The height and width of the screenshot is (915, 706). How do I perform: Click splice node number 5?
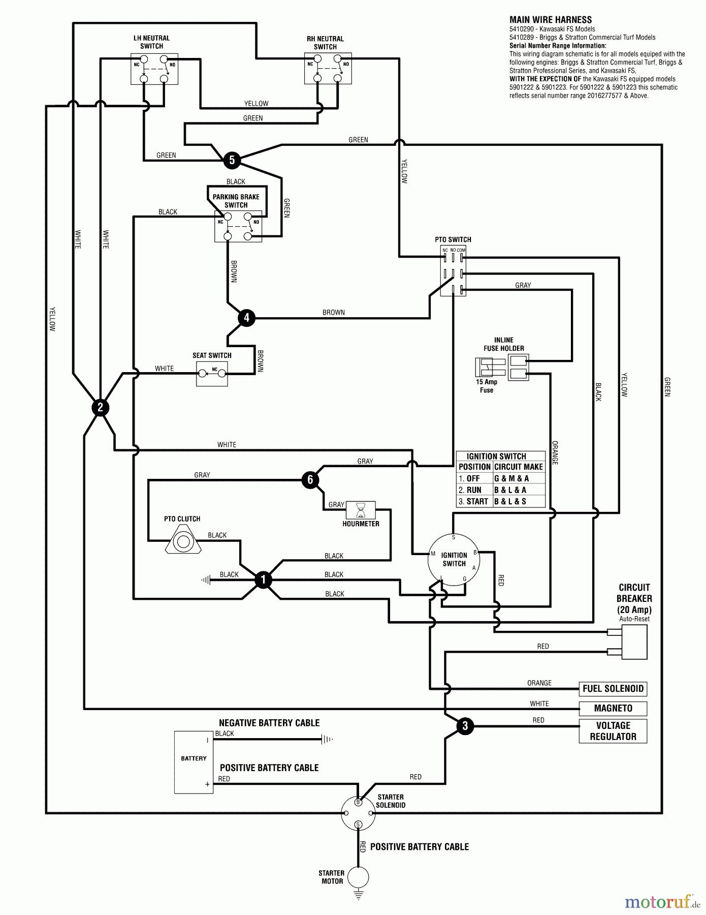[x=232, y=160]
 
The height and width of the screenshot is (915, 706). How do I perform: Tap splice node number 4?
[x=246, y=318]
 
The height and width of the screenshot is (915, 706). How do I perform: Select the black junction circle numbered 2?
[x=100, y=407]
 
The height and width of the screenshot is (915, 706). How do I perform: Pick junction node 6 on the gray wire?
[x=310, y=480]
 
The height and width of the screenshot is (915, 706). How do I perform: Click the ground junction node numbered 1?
[x=263, y=579]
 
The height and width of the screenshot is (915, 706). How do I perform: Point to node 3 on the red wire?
[x=465, y=726]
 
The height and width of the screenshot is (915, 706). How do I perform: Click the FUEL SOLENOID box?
[x=613, y=689]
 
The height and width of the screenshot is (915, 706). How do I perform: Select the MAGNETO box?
[x=613, y=708]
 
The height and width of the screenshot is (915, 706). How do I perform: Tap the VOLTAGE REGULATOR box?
[x=613, y=731]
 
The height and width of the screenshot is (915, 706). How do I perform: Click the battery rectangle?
[x=194, y=762]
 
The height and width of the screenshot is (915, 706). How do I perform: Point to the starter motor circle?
[x=358, y=877]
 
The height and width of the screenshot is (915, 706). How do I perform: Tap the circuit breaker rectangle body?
[x=634, y=642]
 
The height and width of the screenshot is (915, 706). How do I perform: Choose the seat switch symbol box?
[x=212, y=374]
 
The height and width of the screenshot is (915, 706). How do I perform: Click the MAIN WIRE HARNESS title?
[x=551, y=20]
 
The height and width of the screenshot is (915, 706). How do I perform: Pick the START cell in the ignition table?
[x=474, y=501]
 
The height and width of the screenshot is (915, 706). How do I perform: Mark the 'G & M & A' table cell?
[x=511, y=478]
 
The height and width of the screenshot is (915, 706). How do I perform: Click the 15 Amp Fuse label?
[x=487, y=386]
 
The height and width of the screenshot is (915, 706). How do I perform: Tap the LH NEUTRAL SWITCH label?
[x=151, y=42]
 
